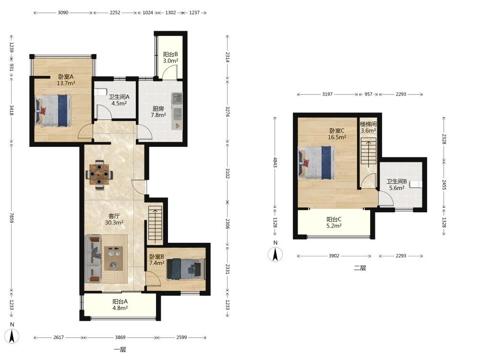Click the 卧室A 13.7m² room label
[66, 80]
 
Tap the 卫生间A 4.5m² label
[119, 100]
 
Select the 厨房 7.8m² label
[158, 112]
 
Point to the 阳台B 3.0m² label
[170, 58]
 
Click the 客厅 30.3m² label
[114, 219]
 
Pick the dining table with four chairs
[99, 175]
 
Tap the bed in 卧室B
[186, 269]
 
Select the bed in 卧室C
[316, 163]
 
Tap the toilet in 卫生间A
[100, 92]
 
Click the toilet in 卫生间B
[416, 184]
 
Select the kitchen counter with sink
[177, 111]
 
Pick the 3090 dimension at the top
[63, 12]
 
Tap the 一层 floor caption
[120, 349]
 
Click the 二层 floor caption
[360, 268]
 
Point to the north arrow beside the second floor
[276, 254]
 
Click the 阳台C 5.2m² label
[334, 223]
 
